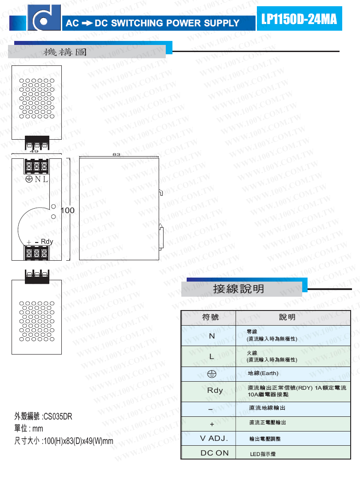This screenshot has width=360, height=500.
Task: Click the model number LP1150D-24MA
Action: [299, 19]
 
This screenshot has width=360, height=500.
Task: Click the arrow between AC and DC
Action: [87, 23]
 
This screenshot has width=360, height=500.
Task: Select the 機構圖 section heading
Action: [65, 52]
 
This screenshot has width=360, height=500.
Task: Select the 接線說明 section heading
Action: [239, 289]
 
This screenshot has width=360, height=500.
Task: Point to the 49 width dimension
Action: [34, 151]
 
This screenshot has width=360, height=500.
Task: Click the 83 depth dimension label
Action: [116, 154]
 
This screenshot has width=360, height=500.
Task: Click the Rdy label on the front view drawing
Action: [47, 242]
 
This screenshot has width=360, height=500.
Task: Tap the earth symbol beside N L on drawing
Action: [29, 179]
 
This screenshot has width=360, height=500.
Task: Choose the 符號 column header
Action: [210, 317]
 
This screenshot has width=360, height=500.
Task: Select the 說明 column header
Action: [287, 317]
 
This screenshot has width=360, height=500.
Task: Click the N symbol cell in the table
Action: [212, 336]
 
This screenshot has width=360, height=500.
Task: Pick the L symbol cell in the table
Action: [212, 356]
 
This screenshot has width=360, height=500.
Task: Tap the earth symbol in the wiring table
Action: [212, 374]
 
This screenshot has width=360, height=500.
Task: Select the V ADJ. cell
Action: [214, 439]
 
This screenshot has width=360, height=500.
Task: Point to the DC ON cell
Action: [215, 453]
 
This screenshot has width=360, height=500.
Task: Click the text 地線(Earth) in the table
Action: [263, 373]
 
